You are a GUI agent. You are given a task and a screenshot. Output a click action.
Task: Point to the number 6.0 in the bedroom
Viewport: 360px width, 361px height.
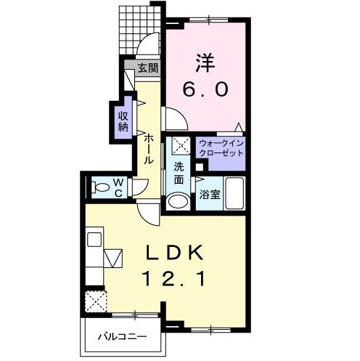[x=205, y=89]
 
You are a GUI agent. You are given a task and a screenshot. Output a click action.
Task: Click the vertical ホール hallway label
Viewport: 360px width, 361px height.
[x=148, y=149]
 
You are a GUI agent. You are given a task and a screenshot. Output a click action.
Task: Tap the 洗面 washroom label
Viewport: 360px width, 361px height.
[x=179, y=172]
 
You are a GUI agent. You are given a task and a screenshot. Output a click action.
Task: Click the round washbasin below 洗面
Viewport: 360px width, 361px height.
[x=176, y=200]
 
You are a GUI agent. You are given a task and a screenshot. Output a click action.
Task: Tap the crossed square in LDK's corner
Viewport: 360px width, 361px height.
[x=97, y=300]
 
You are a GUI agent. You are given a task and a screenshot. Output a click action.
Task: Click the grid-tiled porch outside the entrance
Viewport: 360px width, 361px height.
[x=137, y=28]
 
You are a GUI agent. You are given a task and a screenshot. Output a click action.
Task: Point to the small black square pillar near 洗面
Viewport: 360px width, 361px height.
[x=189, y=166]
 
